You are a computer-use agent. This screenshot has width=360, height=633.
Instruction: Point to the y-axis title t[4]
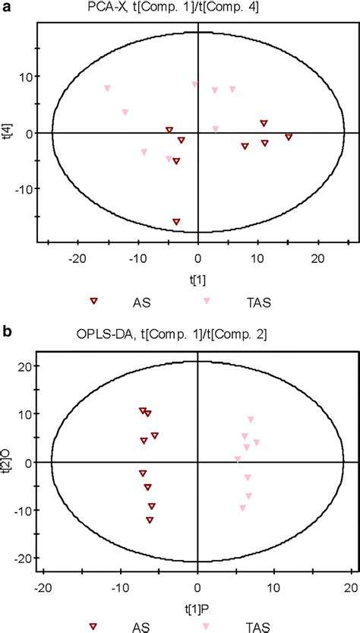[7, 134]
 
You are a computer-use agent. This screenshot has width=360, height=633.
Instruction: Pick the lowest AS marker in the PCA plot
[176, 222]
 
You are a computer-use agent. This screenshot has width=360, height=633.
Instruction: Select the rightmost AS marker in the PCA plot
[289, 137]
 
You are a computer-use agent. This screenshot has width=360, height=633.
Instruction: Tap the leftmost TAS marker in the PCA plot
[107, 89]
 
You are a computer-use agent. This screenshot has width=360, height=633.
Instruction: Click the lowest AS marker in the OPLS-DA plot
[150, 520]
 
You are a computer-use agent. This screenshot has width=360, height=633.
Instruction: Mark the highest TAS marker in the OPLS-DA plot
[251, 419]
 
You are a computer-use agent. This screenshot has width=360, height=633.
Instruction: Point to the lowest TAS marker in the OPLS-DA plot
[243, 508]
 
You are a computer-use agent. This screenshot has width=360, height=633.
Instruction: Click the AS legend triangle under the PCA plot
[94, 301]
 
